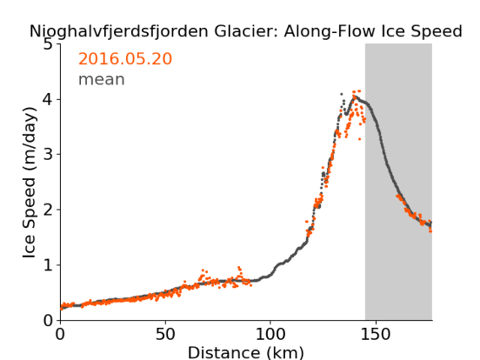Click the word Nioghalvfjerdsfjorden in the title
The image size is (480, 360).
[x=119, y=32]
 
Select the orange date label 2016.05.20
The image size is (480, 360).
[x=125, y=58]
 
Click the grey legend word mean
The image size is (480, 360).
[x=101, y=79]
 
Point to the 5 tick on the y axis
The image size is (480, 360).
[x=48, y=45]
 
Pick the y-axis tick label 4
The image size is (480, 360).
[x=48, y=100]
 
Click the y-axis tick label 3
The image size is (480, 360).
[x=48, y=155]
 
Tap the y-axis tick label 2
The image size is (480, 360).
[x=48, y=210]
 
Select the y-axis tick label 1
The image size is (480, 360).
[x=48, y=265]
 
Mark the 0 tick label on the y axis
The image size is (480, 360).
[x=48, y=320]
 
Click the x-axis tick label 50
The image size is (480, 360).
[x=166, y=334]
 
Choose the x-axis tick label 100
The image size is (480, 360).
[x=270, y=334]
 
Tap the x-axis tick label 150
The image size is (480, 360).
[x=375, y=334]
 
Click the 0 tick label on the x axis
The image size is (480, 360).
[x=60, y=334]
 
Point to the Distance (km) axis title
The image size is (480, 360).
[x=246, y=352]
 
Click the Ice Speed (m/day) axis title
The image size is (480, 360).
[x=30, y=183]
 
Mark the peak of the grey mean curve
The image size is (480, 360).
[x=355, y=96]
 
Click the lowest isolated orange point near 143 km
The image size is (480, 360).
[x=359, y=139]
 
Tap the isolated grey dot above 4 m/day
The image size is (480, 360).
[x=341, y=94]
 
